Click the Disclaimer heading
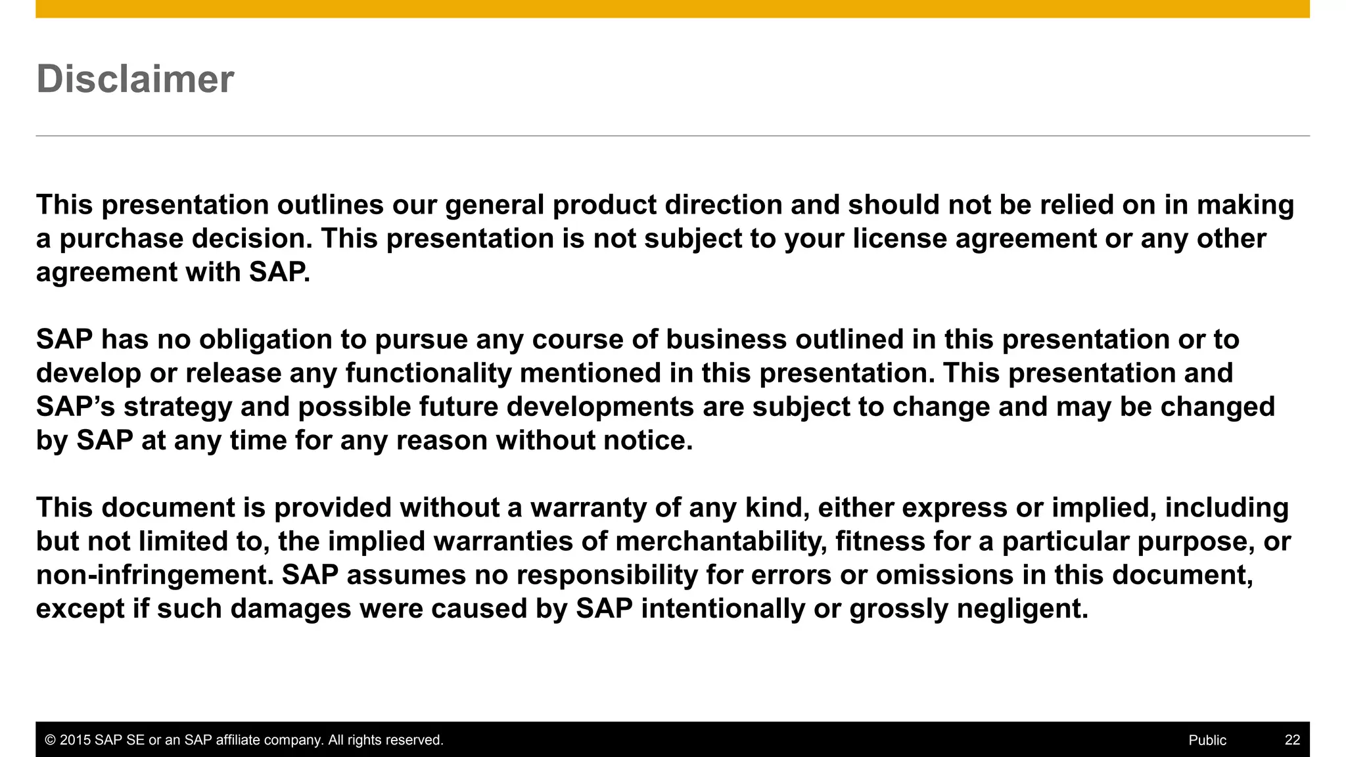point(135,80)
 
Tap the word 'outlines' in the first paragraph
point(330,205)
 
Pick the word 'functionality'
point(429,373)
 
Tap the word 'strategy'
point(177,407)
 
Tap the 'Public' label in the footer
point(1207,740)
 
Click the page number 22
point(1292,740)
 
